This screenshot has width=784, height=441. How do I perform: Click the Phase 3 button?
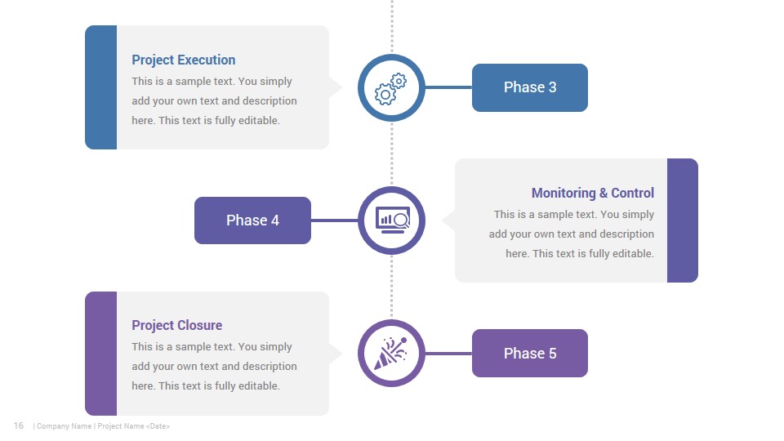(x=529, y=87)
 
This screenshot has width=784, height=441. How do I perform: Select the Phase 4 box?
(x=252, y=220)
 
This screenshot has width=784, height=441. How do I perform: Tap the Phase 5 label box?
(x=529, y=353)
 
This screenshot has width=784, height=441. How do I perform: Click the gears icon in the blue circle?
(x=391, y=89)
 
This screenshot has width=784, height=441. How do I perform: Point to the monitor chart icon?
(x=393, y=220)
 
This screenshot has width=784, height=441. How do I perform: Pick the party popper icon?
(x=390, y=354)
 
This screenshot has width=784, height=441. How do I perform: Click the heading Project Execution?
(x=184, y=60)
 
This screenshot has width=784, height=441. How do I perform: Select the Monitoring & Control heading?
(x=593, y=193)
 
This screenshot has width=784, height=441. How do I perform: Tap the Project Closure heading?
(x=177, y=326)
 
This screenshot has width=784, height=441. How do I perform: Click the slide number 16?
(x=19, y=425)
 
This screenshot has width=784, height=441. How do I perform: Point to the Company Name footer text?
(x=64, y=426)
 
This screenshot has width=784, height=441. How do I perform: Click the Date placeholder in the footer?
(x=158, y=426)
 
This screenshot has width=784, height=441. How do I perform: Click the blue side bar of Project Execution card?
(x=101, y=87)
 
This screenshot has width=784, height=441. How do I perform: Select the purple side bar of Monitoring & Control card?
(x=683, y=220)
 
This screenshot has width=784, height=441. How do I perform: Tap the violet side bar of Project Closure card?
(x=101, y=354)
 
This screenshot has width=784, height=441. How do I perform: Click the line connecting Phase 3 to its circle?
(x=448, y=87)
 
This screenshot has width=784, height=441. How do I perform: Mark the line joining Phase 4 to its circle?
(x=335, y=220)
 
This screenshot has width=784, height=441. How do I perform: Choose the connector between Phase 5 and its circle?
(x=448, y=354)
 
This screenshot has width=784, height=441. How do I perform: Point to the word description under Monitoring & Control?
(x=626, y=234)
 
